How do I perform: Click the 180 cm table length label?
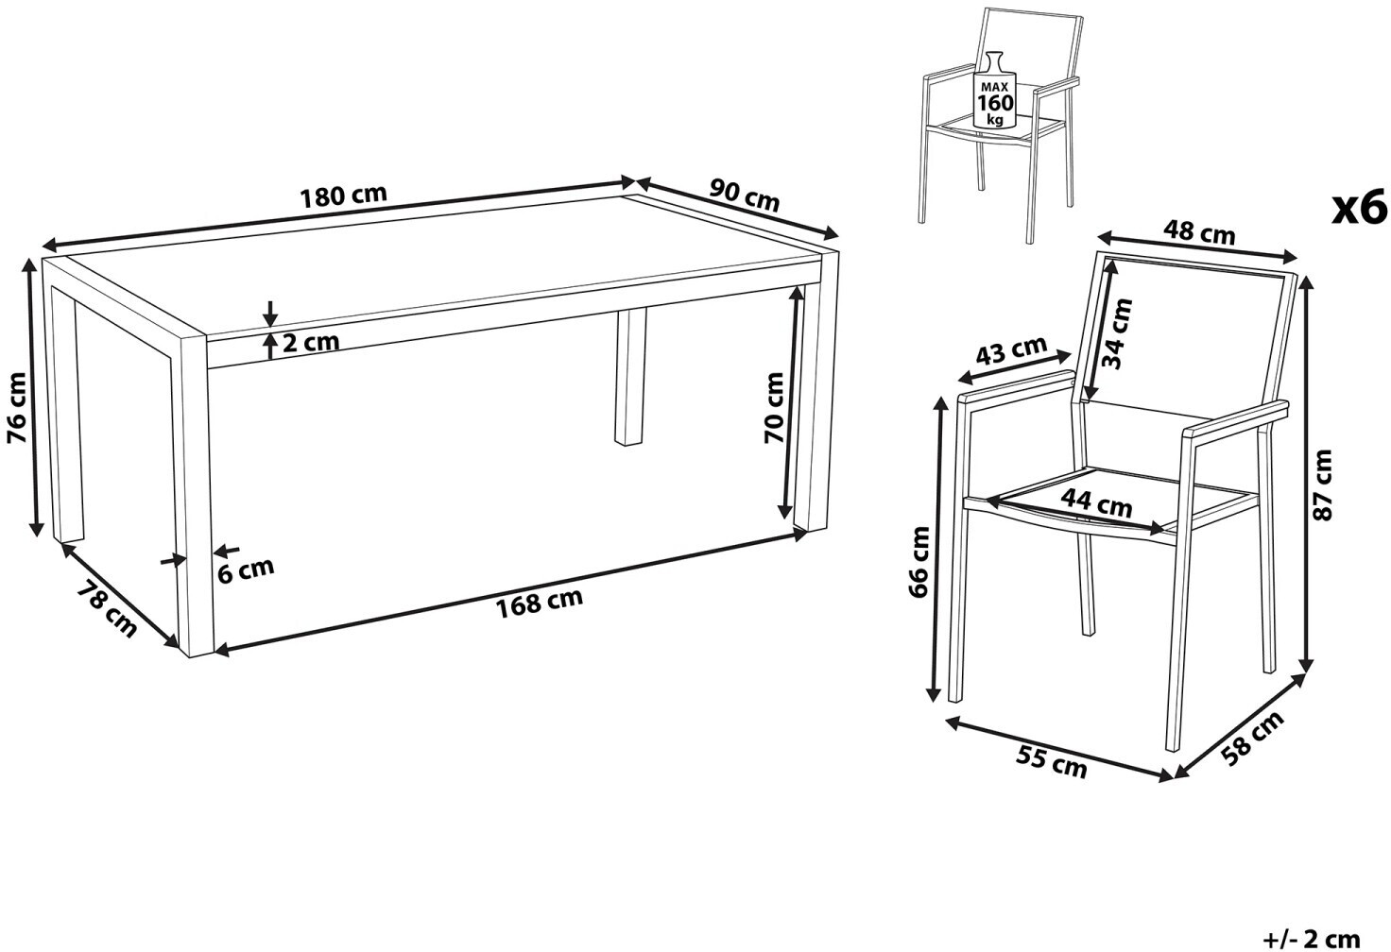[343, 195]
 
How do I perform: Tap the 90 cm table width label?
[744, 195]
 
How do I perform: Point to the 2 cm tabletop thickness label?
[311, 342]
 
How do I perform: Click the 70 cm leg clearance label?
[774, 407]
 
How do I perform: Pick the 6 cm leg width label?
[246, 570]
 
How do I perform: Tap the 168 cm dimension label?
[539, 603]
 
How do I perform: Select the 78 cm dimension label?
[106, 609]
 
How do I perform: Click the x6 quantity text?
[1359, 208]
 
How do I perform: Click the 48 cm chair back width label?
[1199, 232]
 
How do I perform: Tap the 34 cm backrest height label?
[1117, 334]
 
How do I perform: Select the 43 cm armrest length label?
[1011, 350]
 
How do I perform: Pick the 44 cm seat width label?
[1096, 503]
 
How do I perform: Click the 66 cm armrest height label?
[919, 562]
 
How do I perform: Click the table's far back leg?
[630, 377]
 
